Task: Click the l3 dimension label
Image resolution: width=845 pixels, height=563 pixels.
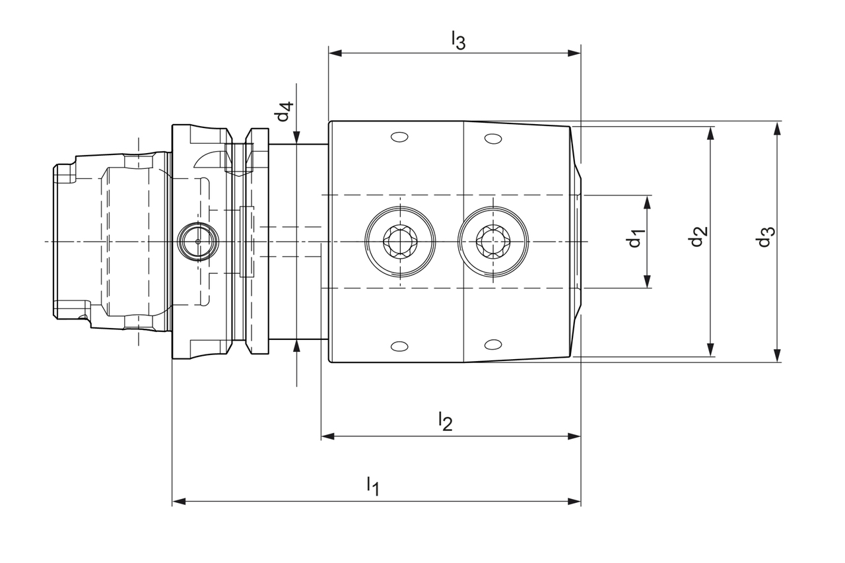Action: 458,40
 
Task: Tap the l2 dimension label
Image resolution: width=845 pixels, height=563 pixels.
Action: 446,421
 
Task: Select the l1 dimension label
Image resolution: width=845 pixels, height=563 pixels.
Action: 373,486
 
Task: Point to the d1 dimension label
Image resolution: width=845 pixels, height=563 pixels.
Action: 635,238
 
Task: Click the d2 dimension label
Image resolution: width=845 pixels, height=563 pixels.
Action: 698,236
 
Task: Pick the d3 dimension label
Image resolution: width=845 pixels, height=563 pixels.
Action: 764,237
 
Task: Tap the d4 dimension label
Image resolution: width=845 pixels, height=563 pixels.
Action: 284,112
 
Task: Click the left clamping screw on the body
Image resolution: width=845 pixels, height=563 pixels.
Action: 400,241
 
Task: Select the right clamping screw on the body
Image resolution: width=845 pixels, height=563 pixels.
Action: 493,241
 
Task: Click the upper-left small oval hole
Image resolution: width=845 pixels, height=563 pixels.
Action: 398,137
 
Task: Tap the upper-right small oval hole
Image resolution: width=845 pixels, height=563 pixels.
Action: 492,138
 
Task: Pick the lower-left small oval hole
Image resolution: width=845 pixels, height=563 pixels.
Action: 399,346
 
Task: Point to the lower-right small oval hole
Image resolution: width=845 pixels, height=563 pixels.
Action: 492,345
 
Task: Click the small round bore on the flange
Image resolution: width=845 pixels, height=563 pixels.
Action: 197,241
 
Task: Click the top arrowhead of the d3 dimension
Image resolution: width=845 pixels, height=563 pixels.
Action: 777,127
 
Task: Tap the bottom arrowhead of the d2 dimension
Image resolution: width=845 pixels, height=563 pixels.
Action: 711,350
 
